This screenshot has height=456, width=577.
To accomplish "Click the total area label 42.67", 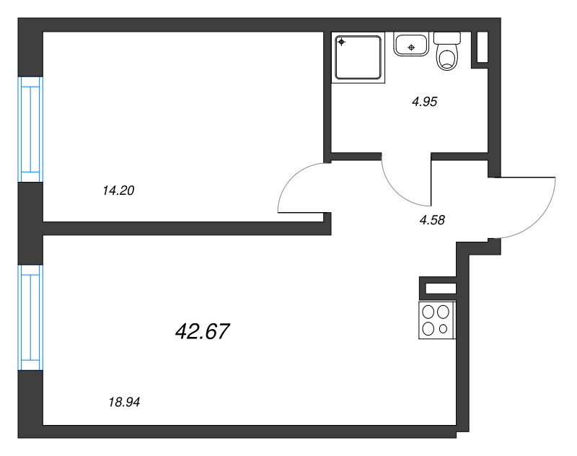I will pos(202,332).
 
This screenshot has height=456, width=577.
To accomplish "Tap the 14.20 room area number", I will pos(120,191).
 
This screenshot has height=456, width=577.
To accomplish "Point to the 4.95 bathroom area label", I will pos(425,102).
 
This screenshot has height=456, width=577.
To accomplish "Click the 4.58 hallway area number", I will pos(431,221).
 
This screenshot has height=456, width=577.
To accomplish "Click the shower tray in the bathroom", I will pos(358,57).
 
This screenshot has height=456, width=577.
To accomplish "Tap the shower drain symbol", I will pos(342,41).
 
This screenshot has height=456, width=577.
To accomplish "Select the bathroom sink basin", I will pos(411,45).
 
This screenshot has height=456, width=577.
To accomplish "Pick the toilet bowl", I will pos(448,58).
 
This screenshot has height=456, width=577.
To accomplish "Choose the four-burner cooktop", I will pos(436,320).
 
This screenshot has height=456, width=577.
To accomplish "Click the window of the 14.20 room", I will pos(30,129).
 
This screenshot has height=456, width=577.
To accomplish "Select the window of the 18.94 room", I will pos(30,317).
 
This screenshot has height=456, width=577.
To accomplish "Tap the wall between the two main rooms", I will pos(180,229).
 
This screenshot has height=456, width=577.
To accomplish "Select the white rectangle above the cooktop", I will pos(440,289).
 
